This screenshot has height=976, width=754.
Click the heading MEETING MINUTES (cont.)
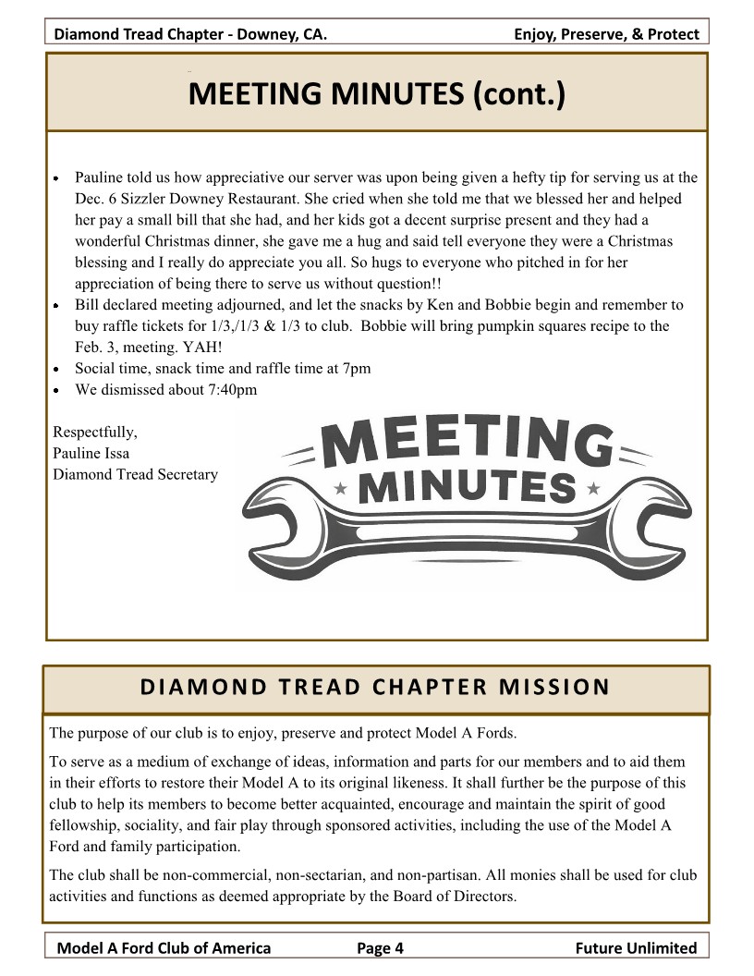point(376,93)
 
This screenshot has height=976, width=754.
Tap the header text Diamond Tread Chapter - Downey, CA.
point(190,35)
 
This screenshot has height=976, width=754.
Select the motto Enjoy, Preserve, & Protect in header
point(606,35)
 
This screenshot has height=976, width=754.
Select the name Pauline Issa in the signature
point(91,453)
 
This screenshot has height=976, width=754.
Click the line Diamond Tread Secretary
point(135,474)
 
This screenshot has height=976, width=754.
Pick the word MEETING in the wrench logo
point(467,442)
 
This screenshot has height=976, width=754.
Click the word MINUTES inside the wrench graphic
point(466,486)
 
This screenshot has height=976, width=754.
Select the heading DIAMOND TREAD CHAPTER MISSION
point(375,688)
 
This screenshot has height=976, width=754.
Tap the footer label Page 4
point(380,947)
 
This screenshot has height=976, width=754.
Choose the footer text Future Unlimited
point(635,947)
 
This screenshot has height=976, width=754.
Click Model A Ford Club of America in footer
point(164,947)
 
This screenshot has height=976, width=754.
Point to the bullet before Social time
point(56,369)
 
